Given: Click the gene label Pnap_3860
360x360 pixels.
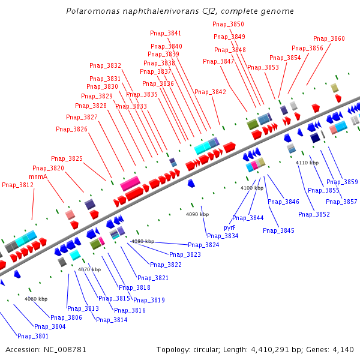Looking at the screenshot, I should click(x=329, y=38).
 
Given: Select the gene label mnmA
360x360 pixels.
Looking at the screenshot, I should click(x=38, y=176).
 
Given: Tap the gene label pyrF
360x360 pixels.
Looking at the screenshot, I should click(x=230, y=228).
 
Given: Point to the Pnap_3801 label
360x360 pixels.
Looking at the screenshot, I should click(x=33, y=336).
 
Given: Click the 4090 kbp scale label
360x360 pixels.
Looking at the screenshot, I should click(x=197, y=214).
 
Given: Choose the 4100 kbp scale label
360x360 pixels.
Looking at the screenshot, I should click(x=252, y=188).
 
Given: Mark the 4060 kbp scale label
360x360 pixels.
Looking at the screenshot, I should click(x=36, y=299).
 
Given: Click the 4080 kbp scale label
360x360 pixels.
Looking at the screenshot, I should click(x=142, y=241).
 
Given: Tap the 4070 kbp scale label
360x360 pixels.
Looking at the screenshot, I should click(x=89, y=269).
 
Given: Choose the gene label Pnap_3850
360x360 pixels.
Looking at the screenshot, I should click(x=229, y=24).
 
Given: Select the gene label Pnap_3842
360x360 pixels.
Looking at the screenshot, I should click(x=211, y=92).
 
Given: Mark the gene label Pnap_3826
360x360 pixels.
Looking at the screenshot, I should click(x=71, y=129).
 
